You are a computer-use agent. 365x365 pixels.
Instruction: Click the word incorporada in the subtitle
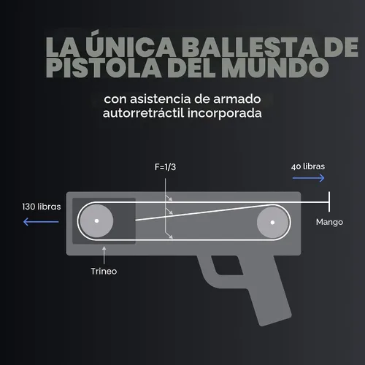tap(225, 113)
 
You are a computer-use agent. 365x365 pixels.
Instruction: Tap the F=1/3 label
tap(165, 167)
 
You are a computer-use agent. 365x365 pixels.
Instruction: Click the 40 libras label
tap(308, 166)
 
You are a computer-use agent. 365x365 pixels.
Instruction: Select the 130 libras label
tap(42, 207)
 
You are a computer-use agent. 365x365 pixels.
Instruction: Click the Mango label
tap(329, 222)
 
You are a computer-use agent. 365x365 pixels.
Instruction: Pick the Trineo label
tap(104, 271)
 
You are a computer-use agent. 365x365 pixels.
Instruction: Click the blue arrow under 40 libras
tap(308, 178)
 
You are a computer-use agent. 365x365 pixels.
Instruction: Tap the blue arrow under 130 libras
tap(41, 222)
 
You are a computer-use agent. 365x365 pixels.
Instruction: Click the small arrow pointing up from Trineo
tap(104, 255)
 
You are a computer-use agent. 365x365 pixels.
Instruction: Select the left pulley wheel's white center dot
tap(96, 221)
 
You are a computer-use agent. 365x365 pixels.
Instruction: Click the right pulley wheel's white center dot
tap(272, 222)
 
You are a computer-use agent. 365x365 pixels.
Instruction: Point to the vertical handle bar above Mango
tap(329, 201)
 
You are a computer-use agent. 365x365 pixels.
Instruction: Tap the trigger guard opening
tap(226, 266)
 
